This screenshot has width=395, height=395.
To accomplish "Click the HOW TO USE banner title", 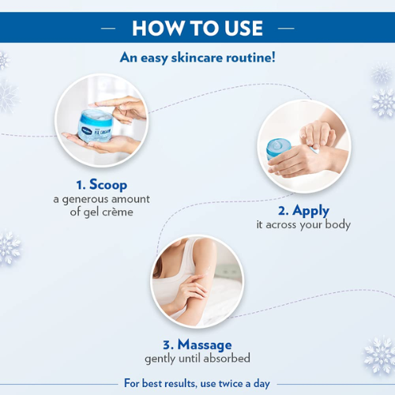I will (197, 28).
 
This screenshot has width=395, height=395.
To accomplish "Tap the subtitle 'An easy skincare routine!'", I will (197, 58).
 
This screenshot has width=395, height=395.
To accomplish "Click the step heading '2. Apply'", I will (303, 210).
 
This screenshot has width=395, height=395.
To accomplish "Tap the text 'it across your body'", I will (303, 225).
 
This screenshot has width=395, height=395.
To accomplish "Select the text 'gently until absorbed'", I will (197, 359).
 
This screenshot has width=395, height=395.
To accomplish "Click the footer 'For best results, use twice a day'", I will (197, 384).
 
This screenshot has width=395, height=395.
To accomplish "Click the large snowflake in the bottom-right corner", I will (378, 355).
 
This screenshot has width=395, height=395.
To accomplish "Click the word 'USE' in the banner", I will (239, 28).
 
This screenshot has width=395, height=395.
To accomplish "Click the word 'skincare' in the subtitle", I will (193, 58).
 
